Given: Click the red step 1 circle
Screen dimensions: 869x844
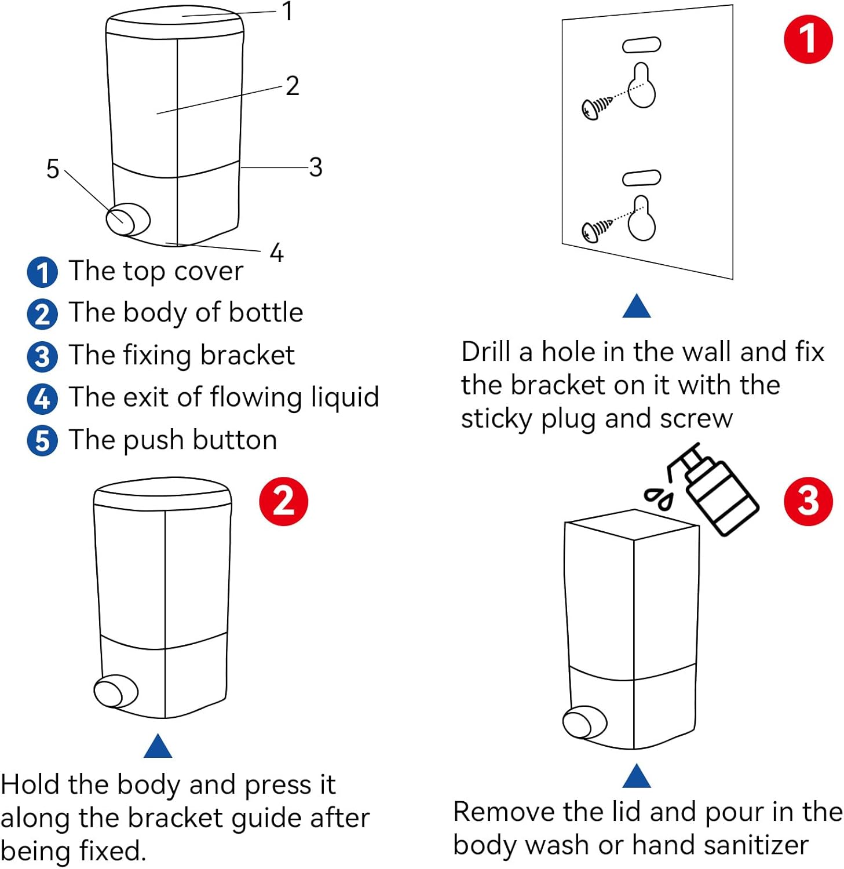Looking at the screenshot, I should pyautogui.click(x=808, y=39).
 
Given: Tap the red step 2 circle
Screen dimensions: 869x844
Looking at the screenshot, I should pyautogui.click(x=283, y=502).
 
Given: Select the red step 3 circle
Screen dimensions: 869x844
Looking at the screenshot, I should pyautogui.click(x=808, y=502).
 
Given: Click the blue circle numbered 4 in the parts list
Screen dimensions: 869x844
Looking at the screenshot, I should pyautogui.click(x=42, y=399).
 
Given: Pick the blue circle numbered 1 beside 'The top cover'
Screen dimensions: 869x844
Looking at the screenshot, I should pyautogui.click(x=42, y=272).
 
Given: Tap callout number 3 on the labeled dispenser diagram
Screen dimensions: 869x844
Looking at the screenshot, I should pyautogui.click(x=315, y=167).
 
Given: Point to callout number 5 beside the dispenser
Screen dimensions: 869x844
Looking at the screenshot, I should pyautogui.click(x=53, y=169).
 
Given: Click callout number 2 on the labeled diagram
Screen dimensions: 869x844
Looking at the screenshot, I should pyautogui.click(x=292, y=86).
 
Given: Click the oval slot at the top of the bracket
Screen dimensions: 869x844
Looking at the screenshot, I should pyautogui.click(x=641, y=45).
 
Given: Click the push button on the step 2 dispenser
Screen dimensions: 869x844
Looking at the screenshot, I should pyautogui.click(x=115, y=692).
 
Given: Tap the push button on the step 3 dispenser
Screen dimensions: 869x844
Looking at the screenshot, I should pyautogui.click(x=584, y=723).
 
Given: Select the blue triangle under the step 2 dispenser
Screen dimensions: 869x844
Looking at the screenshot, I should pyautogui.click(x=158, y=747).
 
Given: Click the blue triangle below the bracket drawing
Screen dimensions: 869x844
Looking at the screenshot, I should pyautogui.click(x=636, y=307).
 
